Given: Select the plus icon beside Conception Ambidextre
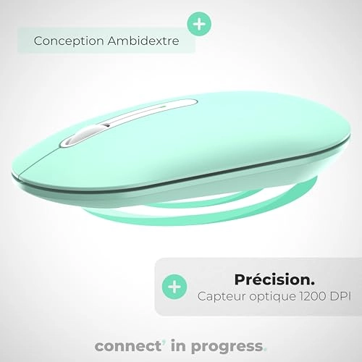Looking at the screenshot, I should pos(199,23).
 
